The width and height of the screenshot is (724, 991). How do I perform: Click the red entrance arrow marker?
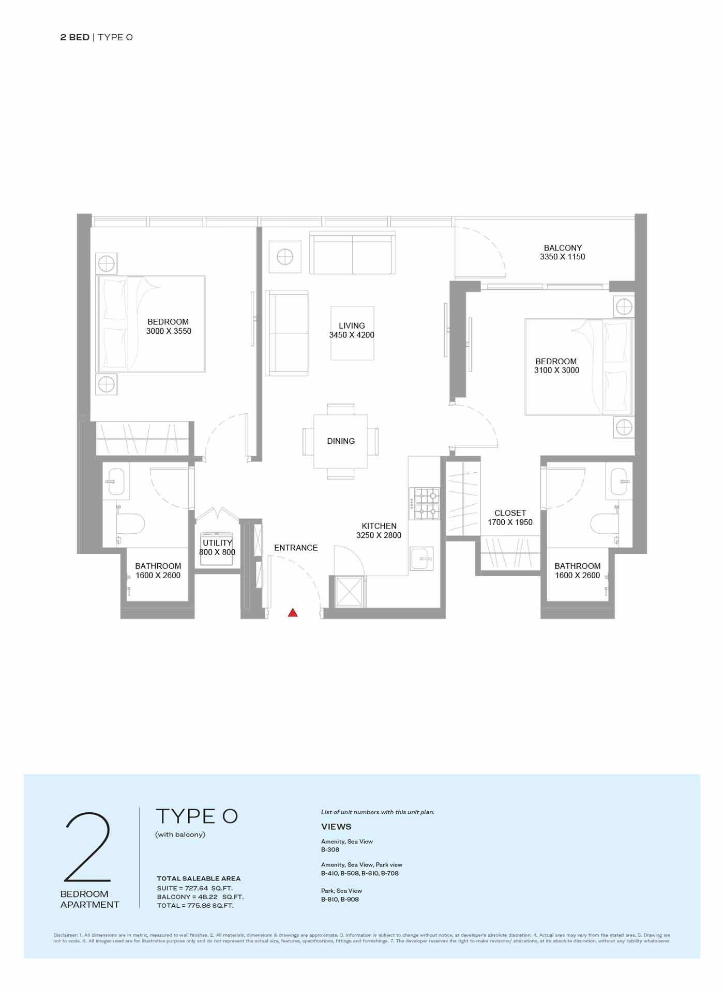(x=293, y=613)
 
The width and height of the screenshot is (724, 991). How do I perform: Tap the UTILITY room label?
(x=217, y=543)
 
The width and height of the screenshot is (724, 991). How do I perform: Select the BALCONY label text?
(x=563, y=248)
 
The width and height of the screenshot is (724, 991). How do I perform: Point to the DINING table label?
(x=341, y=441)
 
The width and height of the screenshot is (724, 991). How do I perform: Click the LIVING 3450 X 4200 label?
(x=352, y=330)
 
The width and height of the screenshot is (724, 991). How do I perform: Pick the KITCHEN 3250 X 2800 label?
(x=379, y=531)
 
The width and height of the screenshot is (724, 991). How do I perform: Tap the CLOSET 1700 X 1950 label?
(x=510, y=518)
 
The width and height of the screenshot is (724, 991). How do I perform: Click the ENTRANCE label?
(x=296, y=548)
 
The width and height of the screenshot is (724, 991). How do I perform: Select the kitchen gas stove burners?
(x=425, y=504)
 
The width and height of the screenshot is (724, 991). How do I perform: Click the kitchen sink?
(x=421, y=559)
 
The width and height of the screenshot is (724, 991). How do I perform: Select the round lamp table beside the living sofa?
(x=285, y=256)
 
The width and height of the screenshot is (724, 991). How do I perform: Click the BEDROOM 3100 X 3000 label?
(x=556, y=366)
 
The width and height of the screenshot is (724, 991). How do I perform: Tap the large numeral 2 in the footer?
(x=88, y=846)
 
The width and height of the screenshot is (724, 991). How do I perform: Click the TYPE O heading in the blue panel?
(x=197, y=816)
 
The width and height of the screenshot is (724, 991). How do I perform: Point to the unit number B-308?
(x=330, y=850)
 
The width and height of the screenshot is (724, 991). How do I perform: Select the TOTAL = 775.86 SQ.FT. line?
(x=195, y=906)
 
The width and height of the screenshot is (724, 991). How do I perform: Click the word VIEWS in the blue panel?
(x=336, y=827)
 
